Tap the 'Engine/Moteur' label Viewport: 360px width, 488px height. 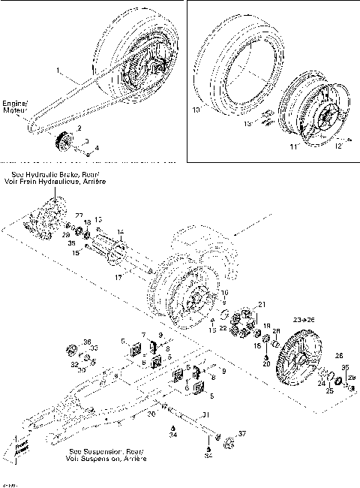point(15,106)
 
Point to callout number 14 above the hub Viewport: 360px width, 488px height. point(121,233)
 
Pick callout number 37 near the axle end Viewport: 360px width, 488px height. point(242,434)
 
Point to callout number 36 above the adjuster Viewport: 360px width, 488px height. point(87,342)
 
